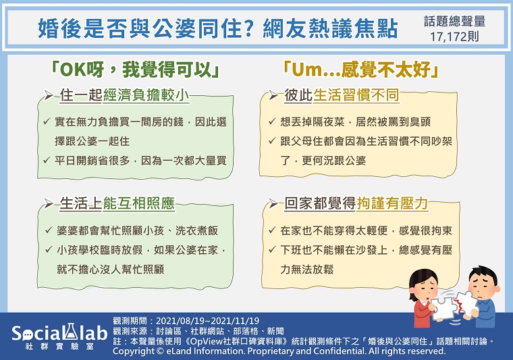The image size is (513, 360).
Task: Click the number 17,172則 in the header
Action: [x=454, y=36]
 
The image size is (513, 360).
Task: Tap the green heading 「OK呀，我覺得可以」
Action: [x=134, y=70]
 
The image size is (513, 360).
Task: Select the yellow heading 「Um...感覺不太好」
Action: [x=360, y=70]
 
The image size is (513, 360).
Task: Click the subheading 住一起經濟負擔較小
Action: [x=124, y=95]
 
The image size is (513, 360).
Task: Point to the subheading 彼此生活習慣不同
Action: [x=342, y=95]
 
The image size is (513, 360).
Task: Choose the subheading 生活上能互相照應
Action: [x=117, y=203]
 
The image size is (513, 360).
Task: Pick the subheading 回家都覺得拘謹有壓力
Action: [x=356, y=203]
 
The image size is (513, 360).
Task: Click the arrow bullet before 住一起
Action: [x=49, y=95]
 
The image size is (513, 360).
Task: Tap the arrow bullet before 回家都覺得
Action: [x=273, y=203]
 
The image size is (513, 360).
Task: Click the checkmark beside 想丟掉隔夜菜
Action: [x=272, y=122]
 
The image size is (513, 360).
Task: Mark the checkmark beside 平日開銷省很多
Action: [x=47, y=160]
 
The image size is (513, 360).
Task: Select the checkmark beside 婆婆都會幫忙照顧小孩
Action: [x=49, y=230]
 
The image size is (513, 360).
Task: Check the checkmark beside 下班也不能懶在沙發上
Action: [x=272, y=250]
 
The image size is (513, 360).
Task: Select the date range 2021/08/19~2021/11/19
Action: [x=207, y=321]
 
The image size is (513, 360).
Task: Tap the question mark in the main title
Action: [x=249, y=28]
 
